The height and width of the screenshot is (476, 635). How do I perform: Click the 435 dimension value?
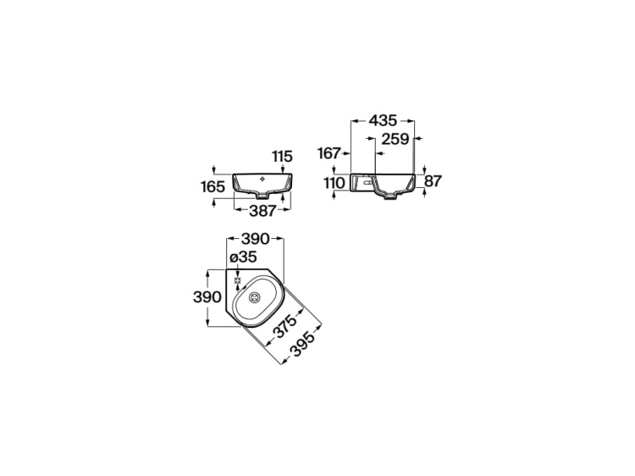tap(383, 120)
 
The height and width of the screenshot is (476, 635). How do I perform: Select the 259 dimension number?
tap(395, 139)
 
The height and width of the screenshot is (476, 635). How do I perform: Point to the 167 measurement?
tap(329, 153)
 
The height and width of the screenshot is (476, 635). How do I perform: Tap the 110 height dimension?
tap(334, 183)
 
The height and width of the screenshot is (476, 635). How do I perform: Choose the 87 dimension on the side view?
tap(433, 181)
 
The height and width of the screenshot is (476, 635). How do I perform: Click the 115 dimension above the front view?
tap(282, 156)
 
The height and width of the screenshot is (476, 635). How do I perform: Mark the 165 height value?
tap(213, 186)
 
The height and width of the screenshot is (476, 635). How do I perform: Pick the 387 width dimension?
tap(262, 211)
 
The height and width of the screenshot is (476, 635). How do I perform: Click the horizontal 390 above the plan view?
tap(255, 239)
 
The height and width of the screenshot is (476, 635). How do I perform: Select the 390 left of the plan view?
tap(207, 297)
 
